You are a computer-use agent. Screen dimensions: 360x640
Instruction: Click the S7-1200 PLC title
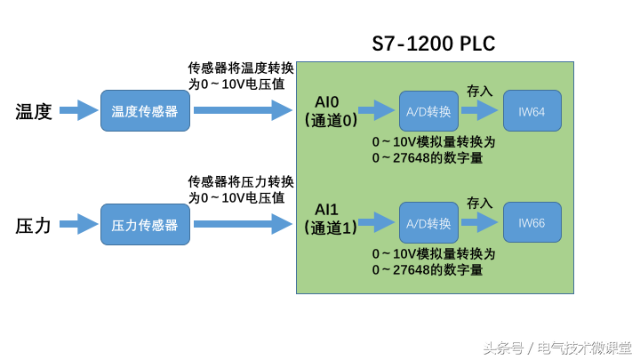tap(433, 44)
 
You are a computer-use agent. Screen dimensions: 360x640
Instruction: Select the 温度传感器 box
tap(145, 111)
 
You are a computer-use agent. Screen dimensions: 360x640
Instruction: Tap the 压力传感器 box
tap(145, 225)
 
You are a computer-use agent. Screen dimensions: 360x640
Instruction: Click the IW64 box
tap(532, 111)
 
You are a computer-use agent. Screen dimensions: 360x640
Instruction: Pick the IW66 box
tap(532, 222)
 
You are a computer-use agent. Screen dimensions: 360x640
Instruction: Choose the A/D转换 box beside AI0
tap(428, 111)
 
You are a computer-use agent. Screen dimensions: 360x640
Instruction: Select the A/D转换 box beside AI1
tap(428, 222)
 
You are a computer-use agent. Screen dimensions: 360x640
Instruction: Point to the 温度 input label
tap(34, 111)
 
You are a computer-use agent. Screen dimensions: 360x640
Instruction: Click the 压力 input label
tap(34, 225)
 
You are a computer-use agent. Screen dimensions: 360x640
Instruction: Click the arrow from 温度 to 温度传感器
tap(79, 110)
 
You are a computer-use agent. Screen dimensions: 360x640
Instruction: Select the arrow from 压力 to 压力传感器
tap(79, 224)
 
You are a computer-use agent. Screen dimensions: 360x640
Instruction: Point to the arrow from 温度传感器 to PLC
tap(243, 110)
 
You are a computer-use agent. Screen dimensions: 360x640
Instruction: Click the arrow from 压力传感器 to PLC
tap(243, 223)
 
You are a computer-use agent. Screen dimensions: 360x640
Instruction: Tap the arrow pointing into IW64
tap(480, 110)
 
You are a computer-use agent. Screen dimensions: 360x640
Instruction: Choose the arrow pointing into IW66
tap(480, 222)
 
